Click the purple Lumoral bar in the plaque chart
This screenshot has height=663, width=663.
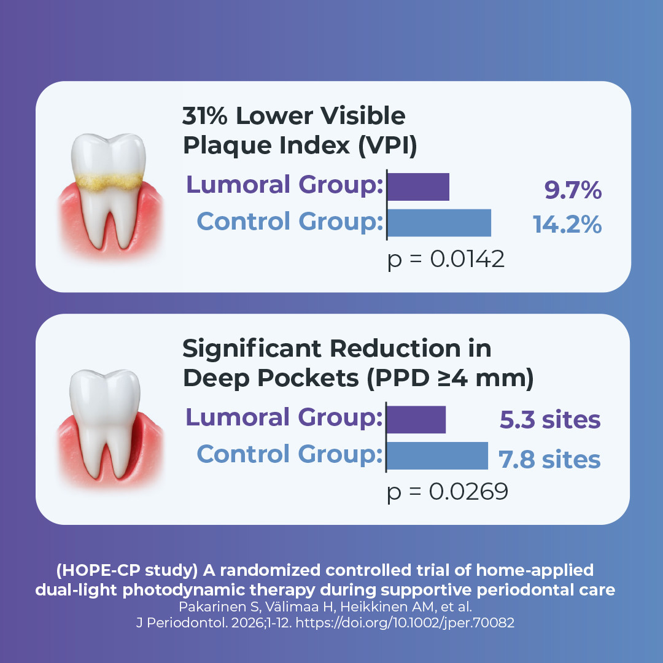click(418, 187)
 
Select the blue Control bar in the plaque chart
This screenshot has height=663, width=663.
click(439, 222)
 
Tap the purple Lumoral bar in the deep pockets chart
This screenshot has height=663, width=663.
click(416, 419)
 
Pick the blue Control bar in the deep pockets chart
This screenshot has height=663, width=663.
click(437, 455)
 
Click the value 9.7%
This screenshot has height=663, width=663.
click(572, 191)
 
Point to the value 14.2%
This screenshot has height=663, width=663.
click(567, 225)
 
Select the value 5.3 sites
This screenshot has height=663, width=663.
click(549, 421)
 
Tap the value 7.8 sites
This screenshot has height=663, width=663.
click(549, 459)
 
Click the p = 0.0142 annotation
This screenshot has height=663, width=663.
click(446, 260)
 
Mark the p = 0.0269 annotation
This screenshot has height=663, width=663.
click(447, 492)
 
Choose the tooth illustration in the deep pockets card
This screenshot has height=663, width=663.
click(109, 424)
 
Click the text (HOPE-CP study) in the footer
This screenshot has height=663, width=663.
click(127, 570)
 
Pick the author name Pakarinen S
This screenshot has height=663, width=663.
click(208, 607)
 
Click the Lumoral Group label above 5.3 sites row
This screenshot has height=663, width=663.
click(280, 418)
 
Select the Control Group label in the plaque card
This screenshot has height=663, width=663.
click(285, 222)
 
